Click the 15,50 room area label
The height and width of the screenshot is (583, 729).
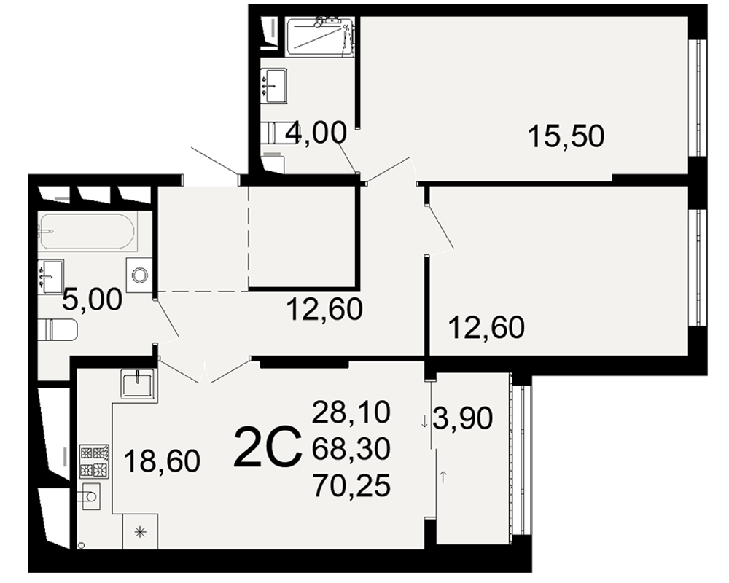pyautogui.click(x=566, y=136)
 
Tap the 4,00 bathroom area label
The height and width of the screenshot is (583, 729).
pyautogui.click(x=316, y=132)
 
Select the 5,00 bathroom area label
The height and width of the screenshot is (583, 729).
pyautogui.click(x=92, y=299)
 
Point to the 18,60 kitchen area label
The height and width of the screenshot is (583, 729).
pyautogui.click(x=162, y=461)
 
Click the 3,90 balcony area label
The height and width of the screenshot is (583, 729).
pyautogui.click(x=463, y=418)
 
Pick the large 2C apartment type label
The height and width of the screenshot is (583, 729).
pyautogui.click(x=268, y=447)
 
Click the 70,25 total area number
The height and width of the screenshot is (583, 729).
pyautogui.click(x=351, y=486)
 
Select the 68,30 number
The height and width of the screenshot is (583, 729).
pyautogui.click(x=351, y=449)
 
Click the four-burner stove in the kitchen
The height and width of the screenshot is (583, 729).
pyautogui.click(x=94, y=461)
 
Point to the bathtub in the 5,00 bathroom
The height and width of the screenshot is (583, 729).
pyautogui.click(x=87, y=232)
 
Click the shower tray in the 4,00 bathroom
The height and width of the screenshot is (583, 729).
pyautogui.click(x=319, y=36)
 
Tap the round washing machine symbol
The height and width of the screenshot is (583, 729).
pyautogui.click(x=139, y=275)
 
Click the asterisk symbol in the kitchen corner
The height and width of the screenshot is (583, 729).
pyautogui.click(x=140, y=532)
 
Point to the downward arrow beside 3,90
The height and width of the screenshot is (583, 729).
pyautogui.click(x=424, y=423)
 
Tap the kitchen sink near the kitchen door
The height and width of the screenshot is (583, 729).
pyautogui.click(x=138, y=383)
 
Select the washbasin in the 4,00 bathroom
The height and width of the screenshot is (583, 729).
pyautogui.click(x=274, y=85)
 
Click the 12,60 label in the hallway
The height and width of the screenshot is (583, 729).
pyautogui.click(x=324, y=310)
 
